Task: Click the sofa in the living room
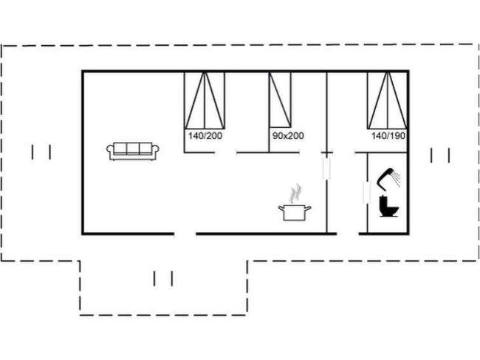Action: (133, 150)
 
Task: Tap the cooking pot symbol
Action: (294, 212)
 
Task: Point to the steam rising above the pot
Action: (295, 193)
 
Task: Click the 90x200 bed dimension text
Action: (288, 136)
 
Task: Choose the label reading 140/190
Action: (388, 136)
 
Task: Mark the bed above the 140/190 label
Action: (387, 101)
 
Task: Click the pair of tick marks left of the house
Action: (42, 152)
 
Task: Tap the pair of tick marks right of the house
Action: (440, 154)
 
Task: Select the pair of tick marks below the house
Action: (163, 279)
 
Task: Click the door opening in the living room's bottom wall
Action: (185, 234)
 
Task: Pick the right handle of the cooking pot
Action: (309, 209)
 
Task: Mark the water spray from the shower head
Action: (397, 177)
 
